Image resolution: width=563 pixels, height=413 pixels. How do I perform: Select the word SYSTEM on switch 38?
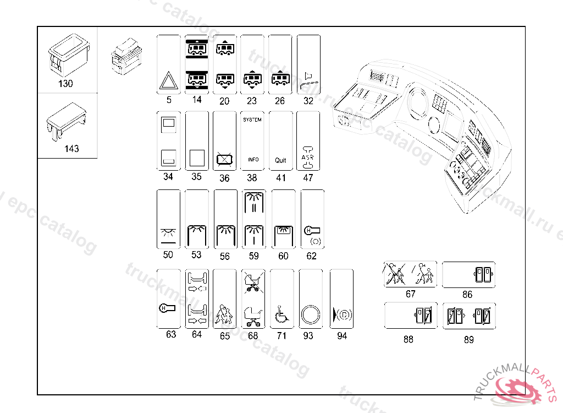click(252, 119)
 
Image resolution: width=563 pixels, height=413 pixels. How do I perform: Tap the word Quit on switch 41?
click(280, 160)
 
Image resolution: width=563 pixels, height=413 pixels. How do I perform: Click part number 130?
click(65, 84)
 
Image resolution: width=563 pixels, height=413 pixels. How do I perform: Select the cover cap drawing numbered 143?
click(67, 119)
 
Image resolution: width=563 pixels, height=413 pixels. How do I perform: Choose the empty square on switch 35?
click(196, 157)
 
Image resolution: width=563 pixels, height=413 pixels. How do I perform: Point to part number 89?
click(468, 340)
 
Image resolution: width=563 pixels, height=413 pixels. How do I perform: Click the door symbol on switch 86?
click(482, 274)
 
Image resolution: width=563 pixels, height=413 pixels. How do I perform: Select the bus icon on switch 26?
click(280, 79)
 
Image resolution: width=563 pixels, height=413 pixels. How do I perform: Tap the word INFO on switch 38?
click(253, 160)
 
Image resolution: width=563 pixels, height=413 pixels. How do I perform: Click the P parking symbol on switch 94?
click(341, 316)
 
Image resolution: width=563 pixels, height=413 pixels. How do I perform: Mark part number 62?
click(312, 256)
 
